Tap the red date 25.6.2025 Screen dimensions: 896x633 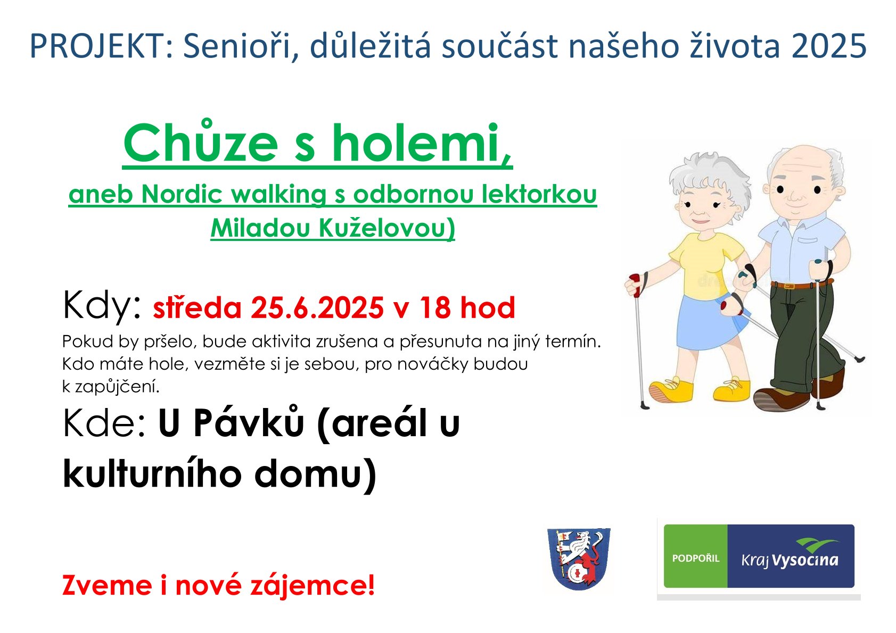317,307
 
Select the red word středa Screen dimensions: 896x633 197,307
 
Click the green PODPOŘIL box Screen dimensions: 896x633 696,556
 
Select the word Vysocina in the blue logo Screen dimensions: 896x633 805,560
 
